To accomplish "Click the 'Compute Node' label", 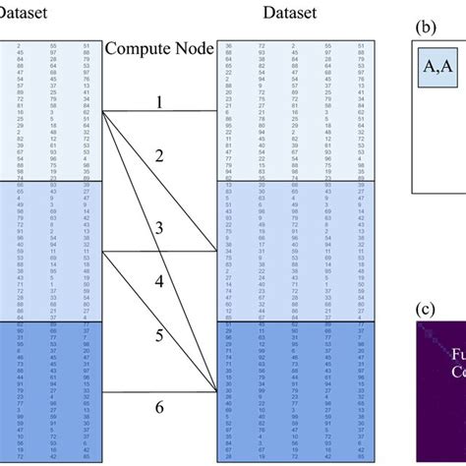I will (x=158, y=48).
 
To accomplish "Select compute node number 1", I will (x=158, y=100).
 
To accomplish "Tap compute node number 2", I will (x=158, y=156).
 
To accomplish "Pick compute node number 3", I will (x=158, y=229).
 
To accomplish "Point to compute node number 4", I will (x=158, y=281).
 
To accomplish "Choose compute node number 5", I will (x=158, y=335).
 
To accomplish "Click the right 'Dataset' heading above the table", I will (x=298, y=13).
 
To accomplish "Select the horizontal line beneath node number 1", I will (x=158, y=111).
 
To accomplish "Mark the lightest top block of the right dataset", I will (x=298, y=109).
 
